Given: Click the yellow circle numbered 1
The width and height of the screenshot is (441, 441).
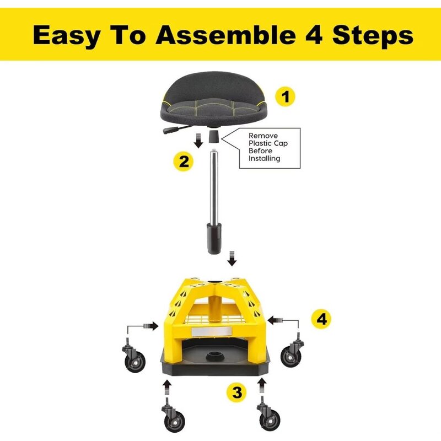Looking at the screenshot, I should point(285,97).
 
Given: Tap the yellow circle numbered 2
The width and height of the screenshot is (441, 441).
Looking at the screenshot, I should point(182,162).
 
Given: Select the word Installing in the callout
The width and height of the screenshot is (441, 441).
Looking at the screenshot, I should point(265,158).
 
